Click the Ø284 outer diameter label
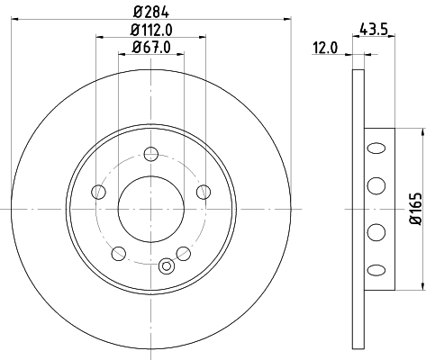[150, 12]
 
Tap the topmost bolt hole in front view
[150, 152]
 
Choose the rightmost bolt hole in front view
[204, 192]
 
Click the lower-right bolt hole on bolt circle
[184, 254]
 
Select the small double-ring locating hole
[166, 266]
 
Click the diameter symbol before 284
[136, 12]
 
